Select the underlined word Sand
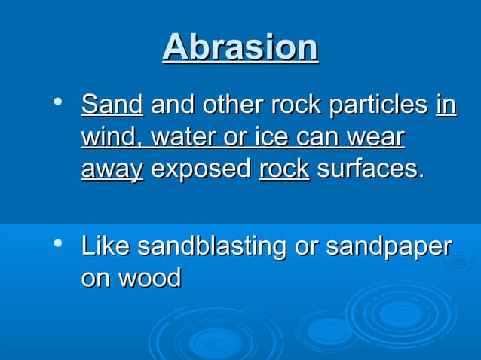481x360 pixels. [112, 105]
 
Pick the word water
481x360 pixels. [178, 138]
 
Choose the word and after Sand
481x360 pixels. [170, 105]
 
